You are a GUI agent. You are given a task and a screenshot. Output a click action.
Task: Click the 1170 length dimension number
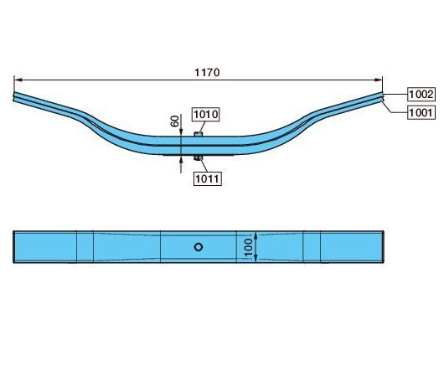click(207, 73)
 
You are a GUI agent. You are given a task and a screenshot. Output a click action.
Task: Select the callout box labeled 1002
click(421, 95)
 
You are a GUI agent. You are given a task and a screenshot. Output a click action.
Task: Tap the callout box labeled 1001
click(421, 113)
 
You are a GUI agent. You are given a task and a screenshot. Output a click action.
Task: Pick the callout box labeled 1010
click(206, 115)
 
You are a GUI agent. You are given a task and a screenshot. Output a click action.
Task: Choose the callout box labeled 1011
click(207, 178)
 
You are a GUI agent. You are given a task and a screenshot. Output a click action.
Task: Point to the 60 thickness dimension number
click(175, 121)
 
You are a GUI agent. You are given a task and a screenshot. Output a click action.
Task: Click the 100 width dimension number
click(248, 247)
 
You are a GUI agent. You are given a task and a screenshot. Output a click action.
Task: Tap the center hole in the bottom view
click(199, 247)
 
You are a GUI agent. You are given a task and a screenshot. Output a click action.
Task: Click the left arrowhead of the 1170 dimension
click(18, 80)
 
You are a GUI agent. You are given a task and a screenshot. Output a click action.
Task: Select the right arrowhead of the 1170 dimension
click(379, 80)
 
